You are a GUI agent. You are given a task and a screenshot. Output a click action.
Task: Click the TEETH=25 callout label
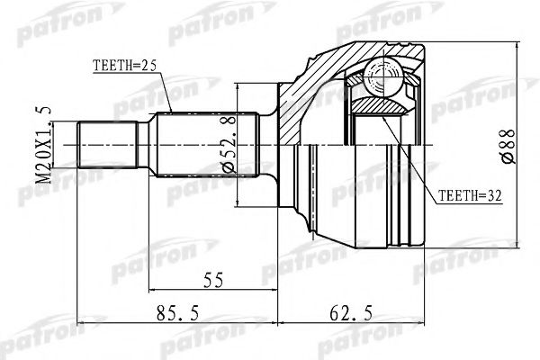coord(125,65)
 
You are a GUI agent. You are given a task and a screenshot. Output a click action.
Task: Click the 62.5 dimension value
coord(341,314)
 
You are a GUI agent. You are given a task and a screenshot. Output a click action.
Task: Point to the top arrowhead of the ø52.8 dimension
coord(236,88)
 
